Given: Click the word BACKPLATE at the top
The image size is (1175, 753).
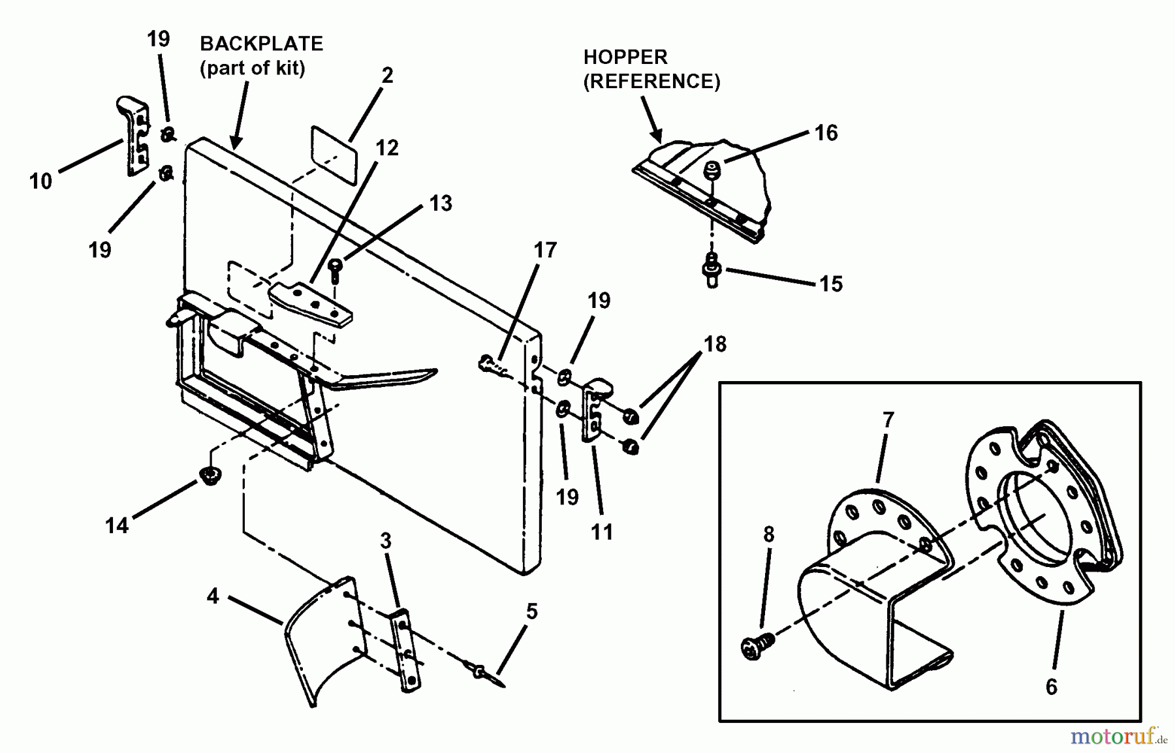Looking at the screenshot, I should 261,44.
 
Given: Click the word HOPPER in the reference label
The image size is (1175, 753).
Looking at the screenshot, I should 625,57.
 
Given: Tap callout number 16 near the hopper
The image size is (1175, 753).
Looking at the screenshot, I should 826,133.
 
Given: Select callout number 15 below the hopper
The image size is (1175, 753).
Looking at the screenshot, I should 830,284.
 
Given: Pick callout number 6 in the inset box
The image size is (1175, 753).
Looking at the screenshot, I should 1051,686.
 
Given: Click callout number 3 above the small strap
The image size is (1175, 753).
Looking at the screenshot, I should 385,541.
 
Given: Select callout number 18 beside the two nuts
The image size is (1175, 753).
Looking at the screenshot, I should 715,344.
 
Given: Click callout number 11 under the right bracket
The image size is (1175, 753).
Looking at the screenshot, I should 601,532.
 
